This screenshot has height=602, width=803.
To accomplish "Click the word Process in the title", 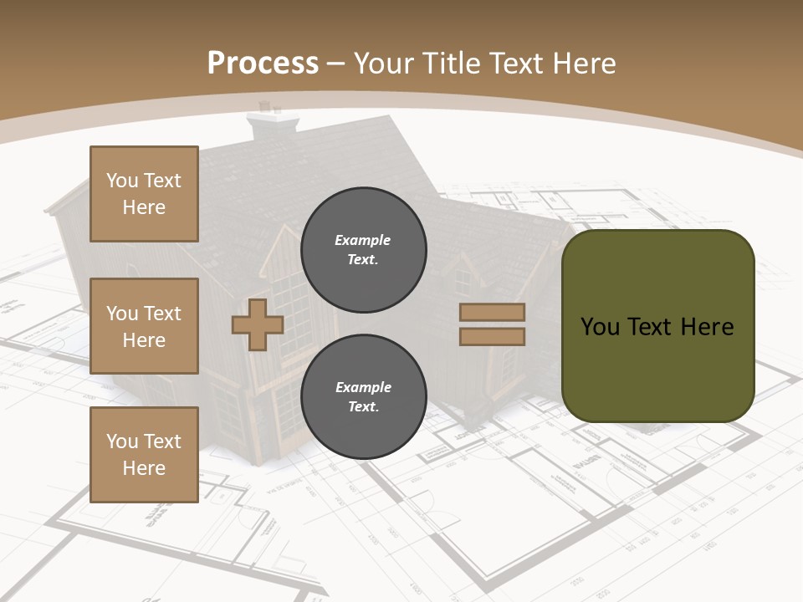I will [x=263, y=63].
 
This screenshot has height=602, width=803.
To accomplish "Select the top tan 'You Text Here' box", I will [x=144, y=194].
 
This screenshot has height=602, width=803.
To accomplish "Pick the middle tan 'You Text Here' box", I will [x=144, y=326].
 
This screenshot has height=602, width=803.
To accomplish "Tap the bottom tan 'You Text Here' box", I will [x=144, y=454].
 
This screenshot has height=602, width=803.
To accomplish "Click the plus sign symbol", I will [x=258, y=324].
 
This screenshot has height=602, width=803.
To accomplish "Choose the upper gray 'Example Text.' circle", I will [x=364, y=250].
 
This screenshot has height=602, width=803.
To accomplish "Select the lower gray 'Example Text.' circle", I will [x=364, y=397].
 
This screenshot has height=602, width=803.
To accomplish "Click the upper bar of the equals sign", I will [x=493, y=312].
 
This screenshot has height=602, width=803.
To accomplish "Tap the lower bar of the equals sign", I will [x=493, y=336].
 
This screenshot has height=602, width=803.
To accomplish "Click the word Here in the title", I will [x=585, y=63].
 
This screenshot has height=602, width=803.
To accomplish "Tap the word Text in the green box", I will [x=649, y=327].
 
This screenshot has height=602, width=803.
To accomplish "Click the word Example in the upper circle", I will [x=363, y=240].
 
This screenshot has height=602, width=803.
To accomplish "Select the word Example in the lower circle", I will [x=363, y=387].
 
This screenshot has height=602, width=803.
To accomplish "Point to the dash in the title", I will [x=336, y=63].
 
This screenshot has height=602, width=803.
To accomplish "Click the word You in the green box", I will [x=600, y=327].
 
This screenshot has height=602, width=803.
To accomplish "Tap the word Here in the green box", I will [x=707, y=327].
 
